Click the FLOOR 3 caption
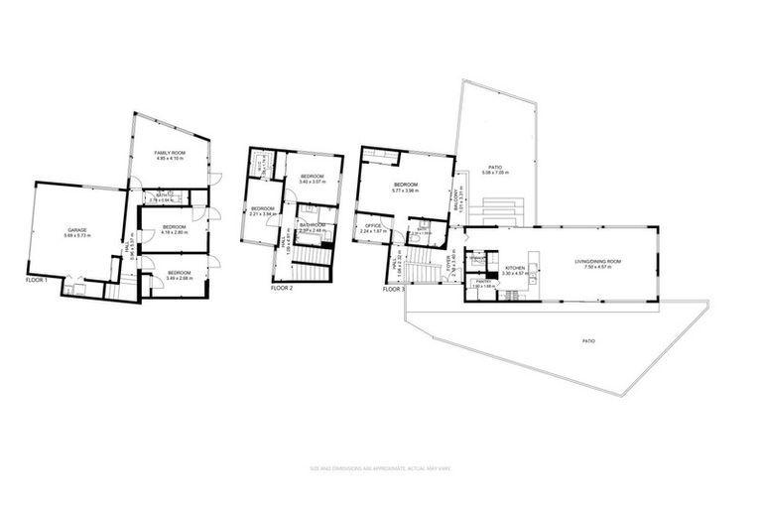[x=394, y=289]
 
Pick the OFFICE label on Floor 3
[x=373, y=225]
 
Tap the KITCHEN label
[x=516, y=268]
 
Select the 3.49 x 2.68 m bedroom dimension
[x=179, y=277]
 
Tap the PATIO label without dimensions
[x=588, y=340]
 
